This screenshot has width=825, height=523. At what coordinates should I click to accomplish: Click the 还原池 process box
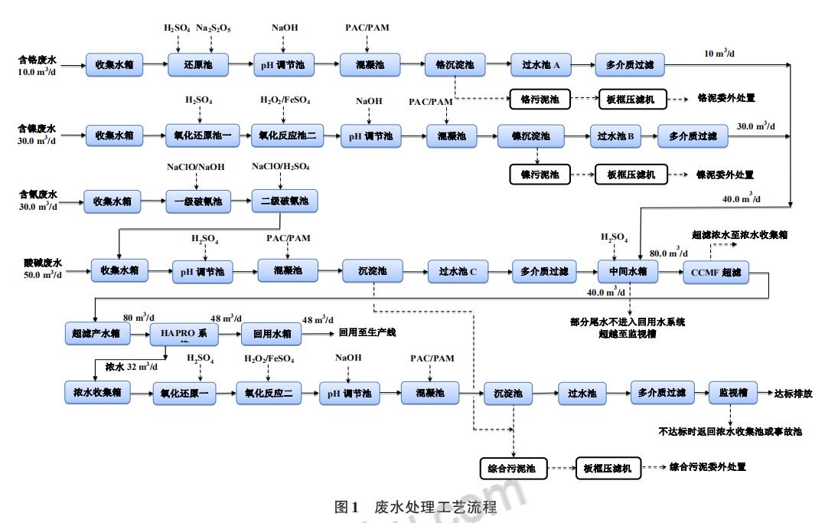coord(197,65)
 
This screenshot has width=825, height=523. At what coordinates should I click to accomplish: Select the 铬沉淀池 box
coord(455,65)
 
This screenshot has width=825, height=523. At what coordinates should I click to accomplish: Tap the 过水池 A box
coord(542,65)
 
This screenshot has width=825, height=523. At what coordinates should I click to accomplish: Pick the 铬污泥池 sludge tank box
coord(540,99)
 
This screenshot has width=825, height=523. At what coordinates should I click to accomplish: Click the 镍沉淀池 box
coord(530,136)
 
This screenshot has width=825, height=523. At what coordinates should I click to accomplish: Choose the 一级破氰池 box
coord(198,201)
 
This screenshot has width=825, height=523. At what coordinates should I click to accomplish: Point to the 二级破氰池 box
coord(285,201)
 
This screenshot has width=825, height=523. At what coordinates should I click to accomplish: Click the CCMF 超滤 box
coord(716,272)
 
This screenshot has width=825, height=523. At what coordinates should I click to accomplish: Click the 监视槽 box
coord(732,393)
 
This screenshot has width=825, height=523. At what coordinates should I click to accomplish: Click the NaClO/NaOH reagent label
coord(196,166)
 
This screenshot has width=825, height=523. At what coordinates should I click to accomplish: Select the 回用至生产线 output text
coord(367,332)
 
